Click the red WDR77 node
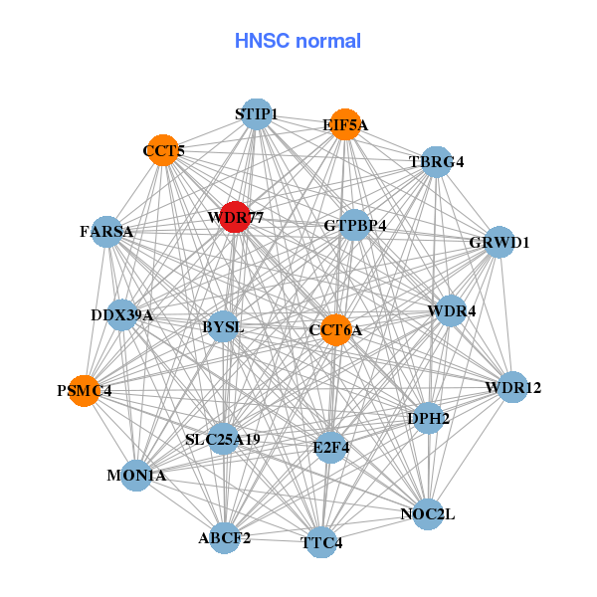click(234, 217)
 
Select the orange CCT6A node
click(336, 329)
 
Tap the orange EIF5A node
click(344, 124)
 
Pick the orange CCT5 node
click(163, 151)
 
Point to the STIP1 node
click(257, 114)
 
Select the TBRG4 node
click(436, 161)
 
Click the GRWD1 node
click(498, 242)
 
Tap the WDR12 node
click(512, 387)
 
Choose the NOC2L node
click(428, 514)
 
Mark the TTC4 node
click(321, 542)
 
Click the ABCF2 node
click(225, 538)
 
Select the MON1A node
click(137, 476)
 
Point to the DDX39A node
click(121, 315)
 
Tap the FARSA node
click(106, 232)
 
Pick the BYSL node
click(223, 326)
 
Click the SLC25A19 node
click(223, 439)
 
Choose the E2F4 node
click(330, 447)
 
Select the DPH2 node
click(429, 419)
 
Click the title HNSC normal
click(298, 41)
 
